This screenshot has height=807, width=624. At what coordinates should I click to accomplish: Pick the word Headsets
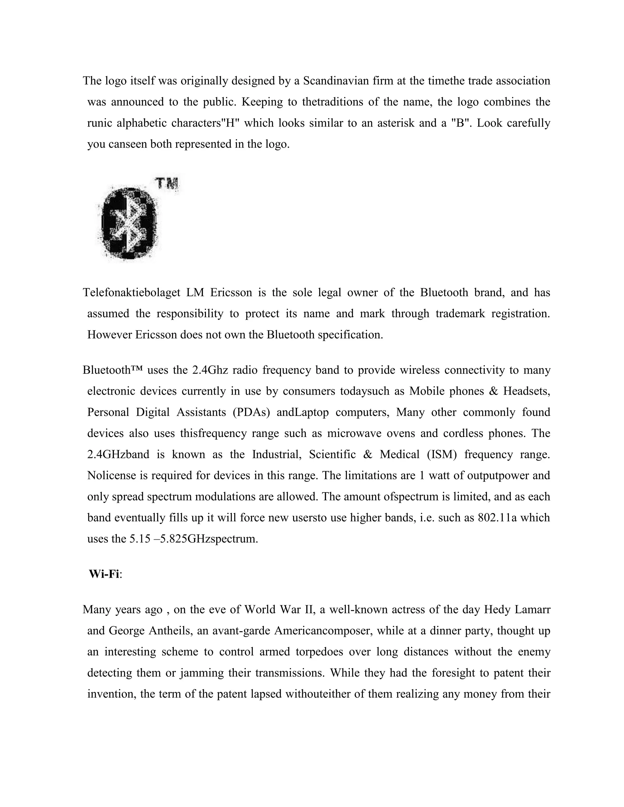[x=526, y=391]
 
